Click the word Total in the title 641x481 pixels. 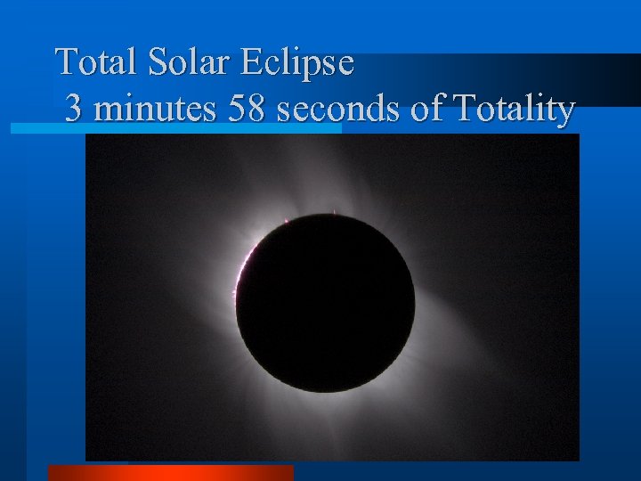[90, 62]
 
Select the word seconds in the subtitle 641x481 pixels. [338, 110]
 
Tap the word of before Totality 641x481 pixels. [426, 110]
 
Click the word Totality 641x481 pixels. [514, 110]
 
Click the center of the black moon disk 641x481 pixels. [325, 304]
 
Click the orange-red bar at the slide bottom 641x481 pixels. [170, 472]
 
